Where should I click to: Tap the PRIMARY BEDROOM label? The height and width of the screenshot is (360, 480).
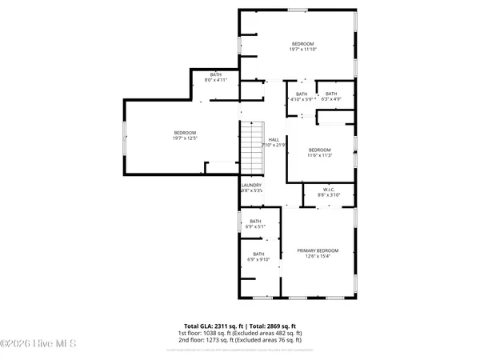click(x=318, y=250)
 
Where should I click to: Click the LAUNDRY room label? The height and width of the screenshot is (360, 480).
click(x=251, y=186)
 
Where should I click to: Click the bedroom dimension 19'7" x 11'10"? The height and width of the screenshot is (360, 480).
click(x=303, y=50)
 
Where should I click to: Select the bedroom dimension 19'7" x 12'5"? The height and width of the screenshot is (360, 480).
click(x=185, y=138)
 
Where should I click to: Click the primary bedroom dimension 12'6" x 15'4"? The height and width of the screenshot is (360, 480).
click(x=318, y=256)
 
